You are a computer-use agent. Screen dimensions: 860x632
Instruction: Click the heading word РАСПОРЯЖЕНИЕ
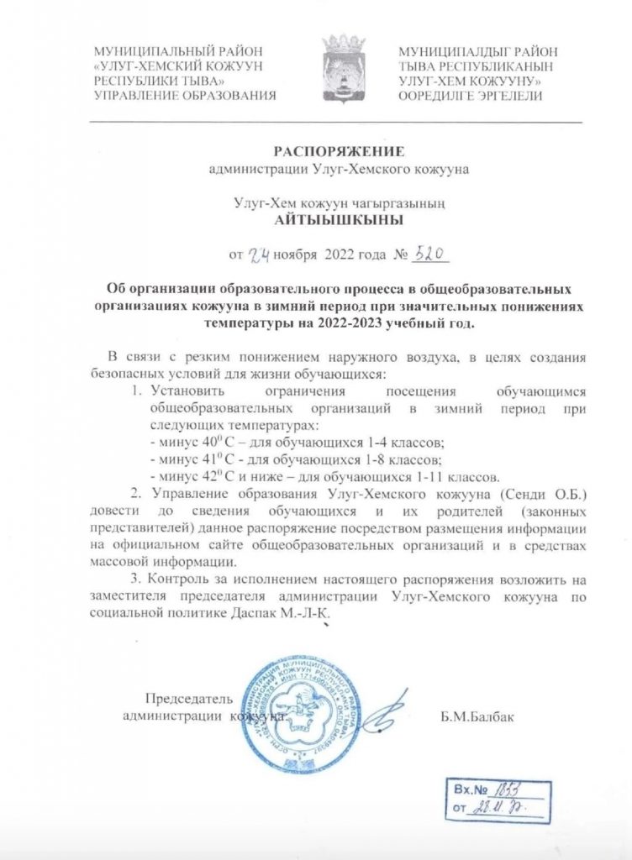pos(340,151)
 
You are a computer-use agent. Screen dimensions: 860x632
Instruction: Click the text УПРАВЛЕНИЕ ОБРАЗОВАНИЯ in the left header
pos(186,96)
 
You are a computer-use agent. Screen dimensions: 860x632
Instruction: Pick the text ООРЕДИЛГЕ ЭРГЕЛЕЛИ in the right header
pos(471,96)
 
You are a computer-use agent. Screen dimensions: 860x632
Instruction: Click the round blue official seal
pos(299,711)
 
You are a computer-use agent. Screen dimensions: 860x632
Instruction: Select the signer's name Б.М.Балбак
pos(475,716)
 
